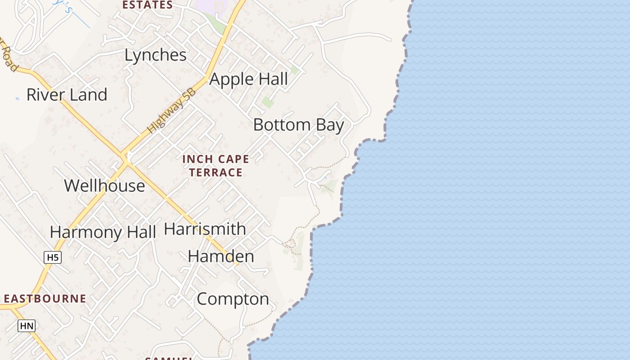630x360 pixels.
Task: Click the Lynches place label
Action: point(155,55)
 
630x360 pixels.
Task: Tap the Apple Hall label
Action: point(248,79)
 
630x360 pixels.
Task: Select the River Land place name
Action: point(67,95)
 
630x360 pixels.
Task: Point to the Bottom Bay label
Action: point(298,125)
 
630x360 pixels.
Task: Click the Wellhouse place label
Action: point(104,185)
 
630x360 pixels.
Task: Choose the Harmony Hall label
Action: point(103,232)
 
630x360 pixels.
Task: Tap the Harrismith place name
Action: point(205,229)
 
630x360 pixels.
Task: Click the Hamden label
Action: point(220,256)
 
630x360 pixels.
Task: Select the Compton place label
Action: point(233,299)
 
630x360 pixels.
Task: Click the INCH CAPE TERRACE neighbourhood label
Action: point(216,166)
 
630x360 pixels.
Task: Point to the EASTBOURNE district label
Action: point(45,299)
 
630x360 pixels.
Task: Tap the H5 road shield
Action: point(53,257)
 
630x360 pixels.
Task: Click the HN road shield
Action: point(27,326)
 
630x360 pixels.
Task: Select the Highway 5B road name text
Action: point(172,111)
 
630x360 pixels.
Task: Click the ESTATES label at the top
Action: point(148,5)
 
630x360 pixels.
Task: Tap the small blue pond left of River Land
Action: point(18,98)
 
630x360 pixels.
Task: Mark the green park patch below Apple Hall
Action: point(268,102)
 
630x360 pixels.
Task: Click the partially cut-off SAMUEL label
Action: point(169,358)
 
